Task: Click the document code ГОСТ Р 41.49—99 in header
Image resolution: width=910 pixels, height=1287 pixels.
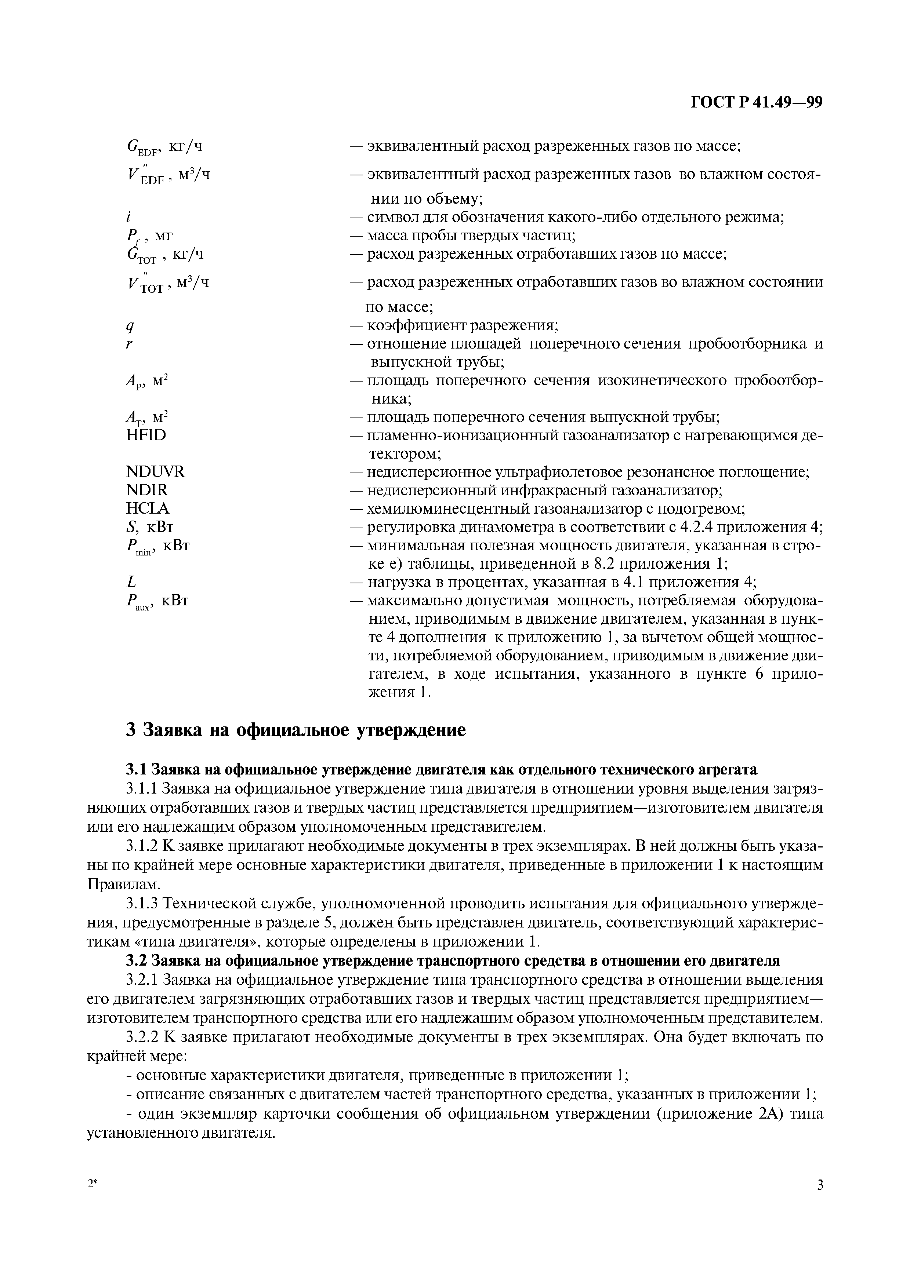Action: [756, 103]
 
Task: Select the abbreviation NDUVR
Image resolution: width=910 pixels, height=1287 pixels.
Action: [155, 471]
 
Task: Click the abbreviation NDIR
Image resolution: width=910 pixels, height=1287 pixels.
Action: [147, 490]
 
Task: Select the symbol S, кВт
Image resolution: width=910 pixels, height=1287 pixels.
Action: [150, 527]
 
